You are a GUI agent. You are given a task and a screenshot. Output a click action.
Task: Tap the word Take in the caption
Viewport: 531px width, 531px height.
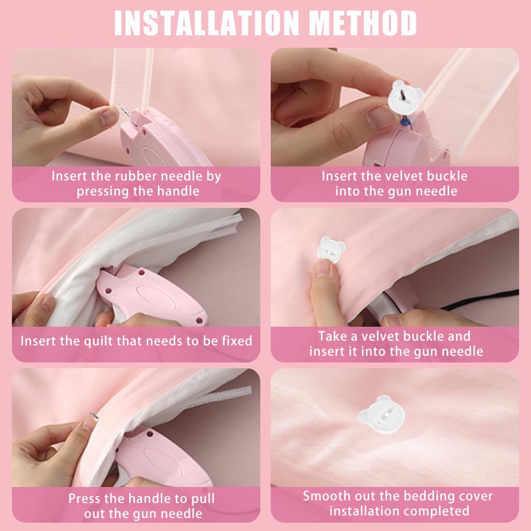(x=333, y=336)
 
